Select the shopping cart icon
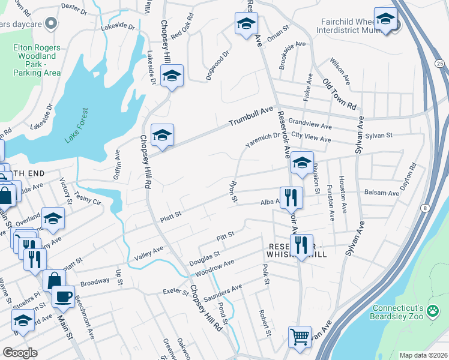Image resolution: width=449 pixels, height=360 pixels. point(299,336)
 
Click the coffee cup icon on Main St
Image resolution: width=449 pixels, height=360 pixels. point(62,295)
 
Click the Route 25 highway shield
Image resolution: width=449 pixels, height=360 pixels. point(439,63)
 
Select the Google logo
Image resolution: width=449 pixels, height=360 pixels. point(19,352)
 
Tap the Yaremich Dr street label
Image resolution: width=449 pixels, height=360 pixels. point(262,140)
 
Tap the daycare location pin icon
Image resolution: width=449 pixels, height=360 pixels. point(51,23)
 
